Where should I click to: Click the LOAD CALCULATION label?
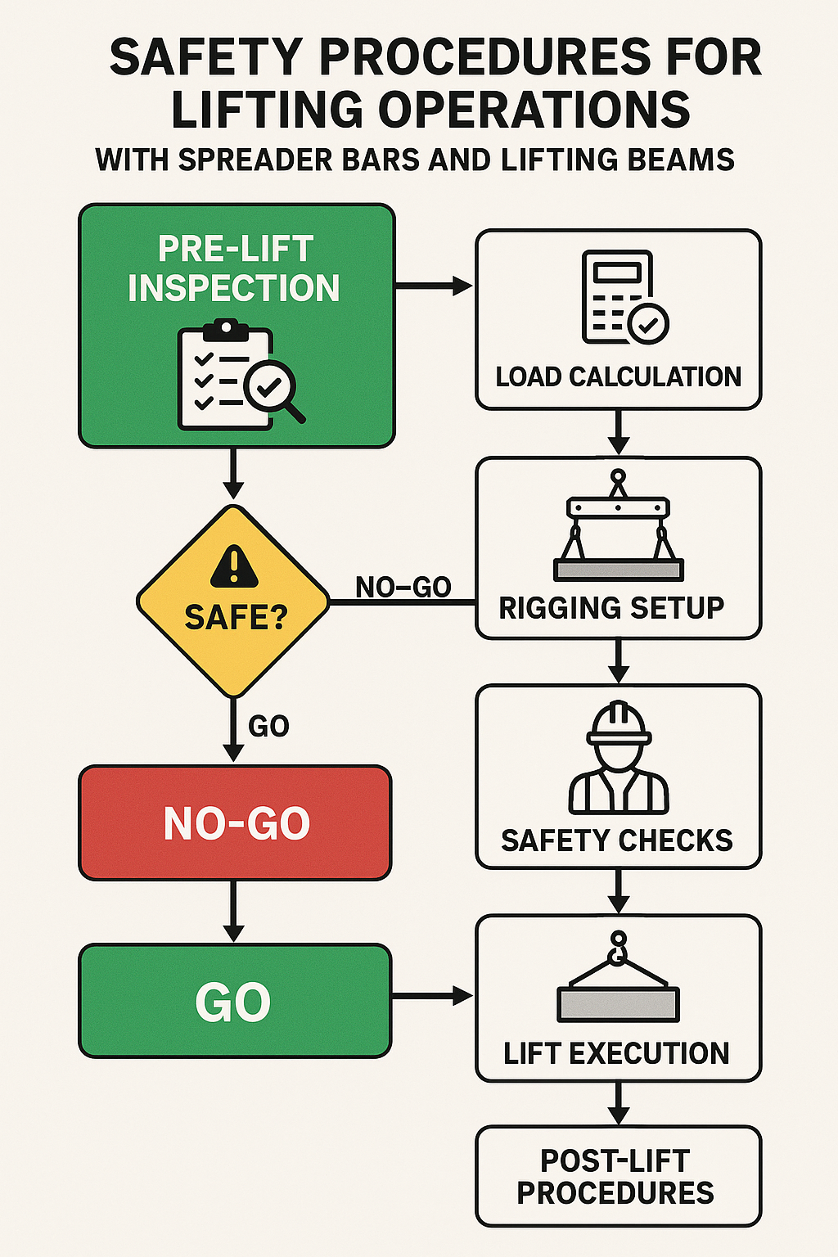click(x=618, y=376)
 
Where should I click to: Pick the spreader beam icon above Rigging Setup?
click(x=618, y=528)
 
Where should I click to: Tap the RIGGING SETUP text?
click(x=611, y=608)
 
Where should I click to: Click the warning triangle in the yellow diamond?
click(x=234, y=567)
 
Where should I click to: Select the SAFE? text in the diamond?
click(x=236, y=618)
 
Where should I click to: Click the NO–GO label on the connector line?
click(x=403, y=587)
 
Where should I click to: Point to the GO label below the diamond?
click(x=268, y=726)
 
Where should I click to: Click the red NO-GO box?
click(x=236, y=823)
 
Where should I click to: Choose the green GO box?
click(x=235, y=1002)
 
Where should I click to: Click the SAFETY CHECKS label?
click(x=617, y=840)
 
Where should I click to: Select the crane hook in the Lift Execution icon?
click(x=618, y=948)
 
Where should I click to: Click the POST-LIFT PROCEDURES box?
click(x=618, y=1177)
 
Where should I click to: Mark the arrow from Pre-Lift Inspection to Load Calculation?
click(x=434, y=286)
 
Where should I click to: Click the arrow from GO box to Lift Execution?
click(x=432, y=996)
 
